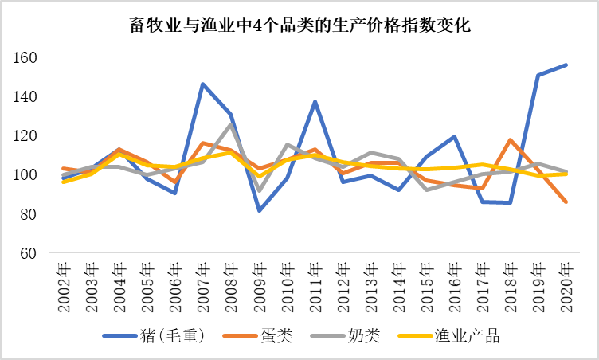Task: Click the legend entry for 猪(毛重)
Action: pyautogui.click(x=155, y=336)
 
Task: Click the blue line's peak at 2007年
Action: pyautogui.click(x=203, y=84)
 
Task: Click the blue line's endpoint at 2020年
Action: pyautogui.click(x=566, y=65)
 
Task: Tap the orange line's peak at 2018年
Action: pyautogui.click(x=511, y=140)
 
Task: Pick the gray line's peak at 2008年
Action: pyautogui.click(x=231, y=124)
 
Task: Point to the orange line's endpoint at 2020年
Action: pyautogui.click(x=566, y=202)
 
